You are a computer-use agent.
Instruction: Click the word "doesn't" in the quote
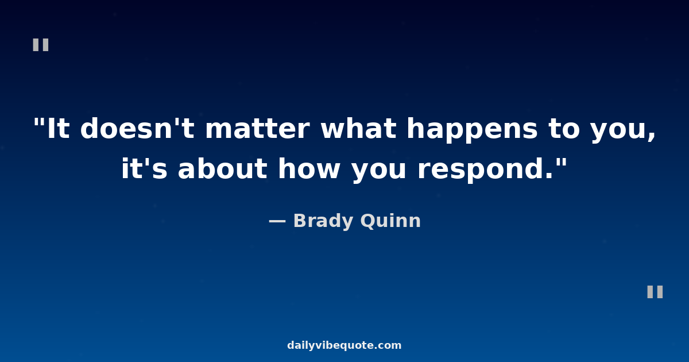point(137,128)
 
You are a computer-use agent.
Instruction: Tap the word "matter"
point(257,129)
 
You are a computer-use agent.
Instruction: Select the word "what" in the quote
point(358,128)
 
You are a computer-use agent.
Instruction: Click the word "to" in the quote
point(564,129)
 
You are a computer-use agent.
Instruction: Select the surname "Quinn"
point(390,221)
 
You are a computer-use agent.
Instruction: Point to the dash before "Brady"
point(277,221)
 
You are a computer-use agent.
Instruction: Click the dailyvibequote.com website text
point(344,345)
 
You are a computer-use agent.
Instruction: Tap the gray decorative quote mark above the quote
point(41,45)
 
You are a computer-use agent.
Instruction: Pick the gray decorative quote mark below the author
point(655,292)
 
